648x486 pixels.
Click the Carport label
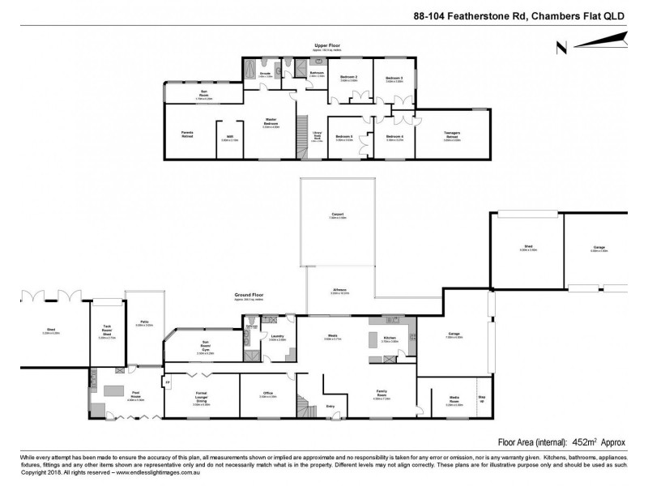click(x=338, y=215)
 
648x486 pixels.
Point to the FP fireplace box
click(x=168, y=382)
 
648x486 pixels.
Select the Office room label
click(x=267, y=394)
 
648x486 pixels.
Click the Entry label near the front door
click(x=330, y=406)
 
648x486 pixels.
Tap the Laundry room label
click(x=278, y=338)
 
